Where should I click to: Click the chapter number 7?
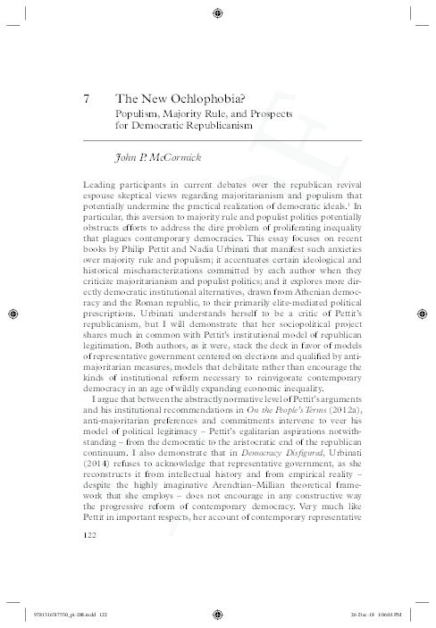click(83, 99)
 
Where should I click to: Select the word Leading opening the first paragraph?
click(98, 183)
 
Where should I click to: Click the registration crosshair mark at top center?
click(218, 12)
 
